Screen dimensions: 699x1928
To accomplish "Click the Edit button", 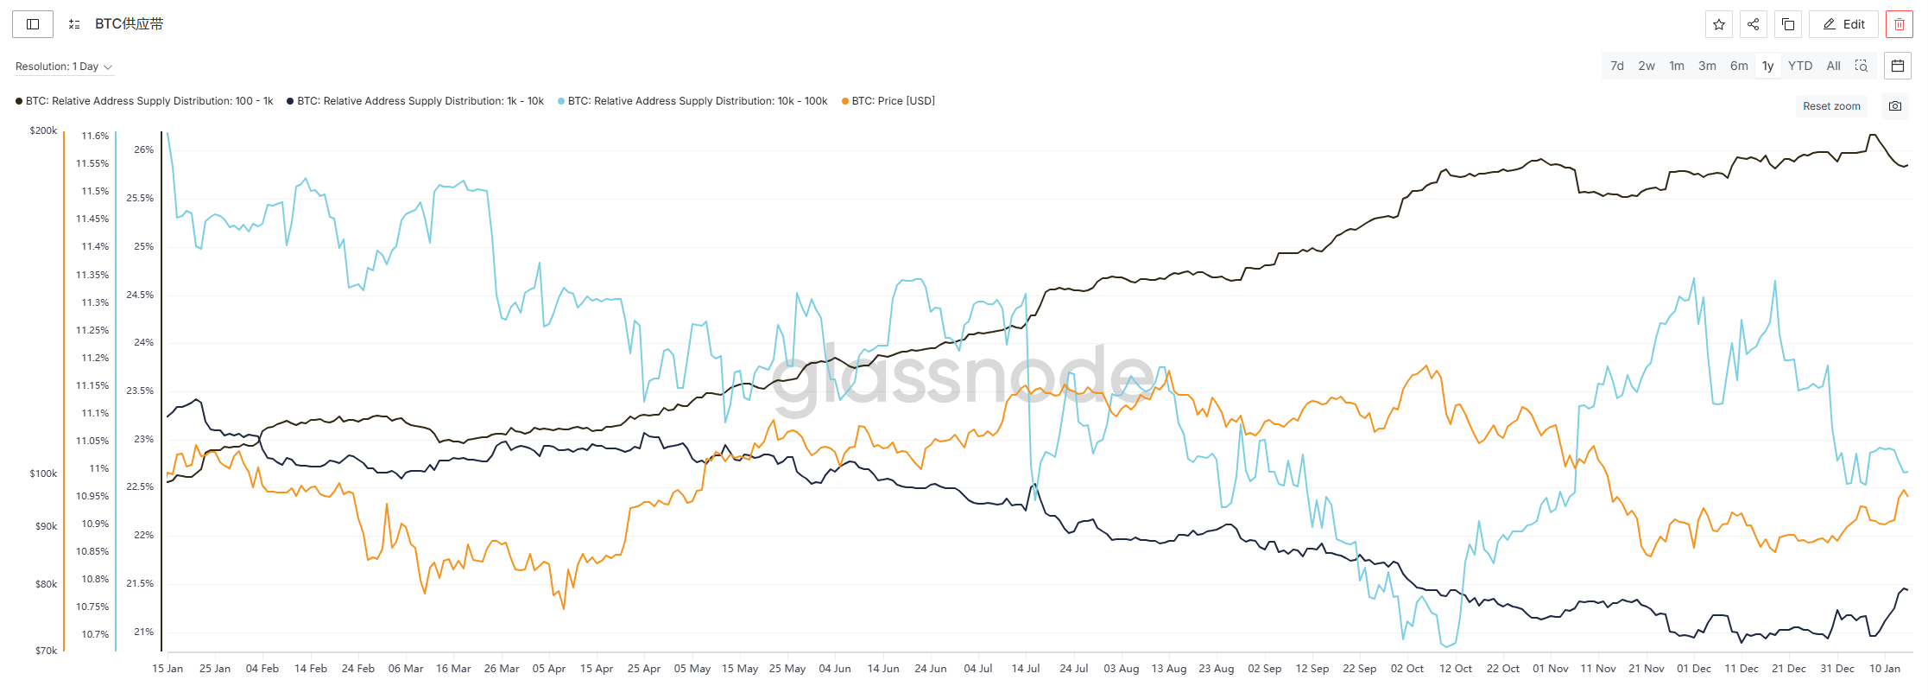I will coord(1843,24).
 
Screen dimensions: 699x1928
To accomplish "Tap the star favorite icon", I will coord(1719,24).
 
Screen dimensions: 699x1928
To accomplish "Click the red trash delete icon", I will coord(1900,24).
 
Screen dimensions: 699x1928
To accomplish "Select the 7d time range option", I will coord(1617,66).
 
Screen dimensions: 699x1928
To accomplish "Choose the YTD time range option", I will coord(1800,66).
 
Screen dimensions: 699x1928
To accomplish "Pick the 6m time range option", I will coord(1739,66).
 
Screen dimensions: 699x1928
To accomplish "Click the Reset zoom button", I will coord(1831,106).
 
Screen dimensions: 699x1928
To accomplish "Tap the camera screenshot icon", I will coord(1895,106).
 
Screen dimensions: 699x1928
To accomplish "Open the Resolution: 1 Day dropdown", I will coord(64,67).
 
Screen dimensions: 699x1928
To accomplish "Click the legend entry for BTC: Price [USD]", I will coord(888,101).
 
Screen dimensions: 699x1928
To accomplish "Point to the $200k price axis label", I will coord(43,130).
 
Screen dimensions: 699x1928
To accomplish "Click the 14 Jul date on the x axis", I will coord(1026,669).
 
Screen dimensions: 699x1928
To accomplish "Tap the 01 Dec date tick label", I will coord(1694,669).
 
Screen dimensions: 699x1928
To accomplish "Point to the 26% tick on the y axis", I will coord(143,149).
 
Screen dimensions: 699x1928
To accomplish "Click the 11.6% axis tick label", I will coord(95,136).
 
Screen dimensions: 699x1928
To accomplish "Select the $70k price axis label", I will coord(46,651).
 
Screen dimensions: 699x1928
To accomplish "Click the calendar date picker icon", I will coord(1898,66).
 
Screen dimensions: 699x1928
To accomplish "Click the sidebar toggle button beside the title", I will coord(33,24).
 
